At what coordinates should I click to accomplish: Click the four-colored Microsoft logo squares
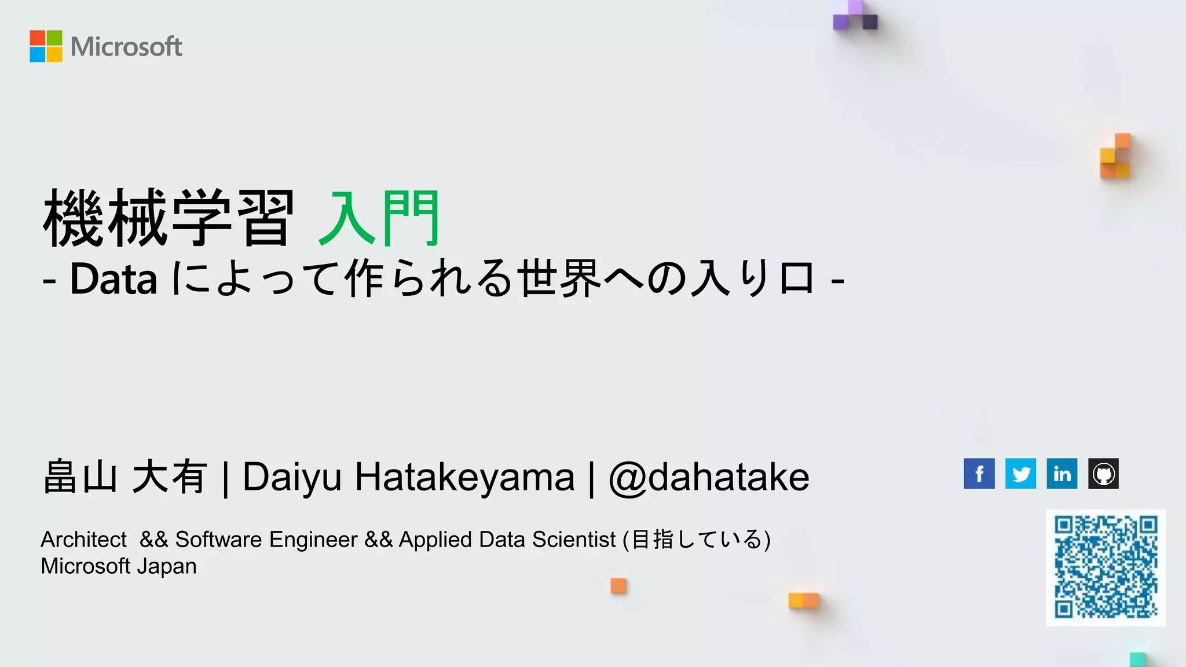46,46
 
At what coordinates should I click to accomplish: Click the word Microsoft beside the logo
126,47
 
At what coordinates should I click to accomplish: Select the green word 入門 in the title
379,219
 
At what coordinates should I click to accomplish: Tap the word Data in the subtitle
114,280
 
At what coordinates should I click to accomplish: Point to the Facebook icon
979,474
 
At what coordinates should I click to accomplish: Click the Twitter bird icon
1020,474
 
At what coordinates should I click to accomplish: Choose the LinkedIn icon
1061,474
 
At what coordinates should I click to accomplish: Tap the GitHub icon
1103,474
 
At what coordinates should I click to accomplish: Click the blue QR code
1106,567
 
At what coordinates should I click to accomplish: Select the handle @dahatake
709,478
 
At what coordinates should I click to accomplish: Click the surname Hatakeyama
464,478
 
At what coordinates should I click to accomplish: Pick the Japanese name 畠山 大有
125,478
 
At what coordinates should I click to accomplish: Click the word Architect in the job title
83,540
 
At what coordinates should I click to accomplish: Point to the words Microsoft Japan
119,566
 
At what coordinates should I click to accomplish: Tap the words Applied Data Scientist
507,540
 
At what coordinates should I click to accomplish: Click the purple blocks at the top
855,16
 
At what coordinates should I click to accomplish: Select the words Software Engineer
266,540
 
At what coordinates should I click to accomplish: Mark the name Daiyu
292,478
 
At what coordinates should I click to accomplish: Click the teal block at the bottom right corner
1137,659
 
